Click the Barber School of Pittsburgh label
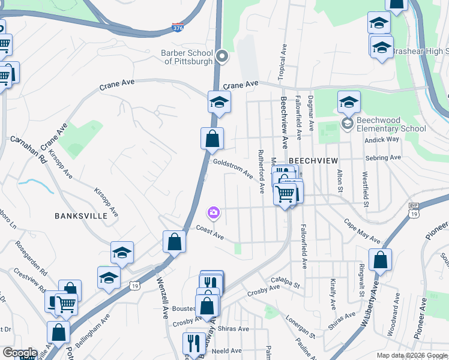coord(187,57)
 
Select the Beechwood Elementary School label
coord(391,124)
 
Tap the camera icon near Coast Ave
coord(214,212)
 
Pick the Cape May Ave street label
coord(362,230)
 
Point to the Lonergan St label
coord(300,325)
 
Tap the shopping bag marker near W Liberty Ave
coord(380,261)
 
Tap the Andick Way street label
coord(382,139)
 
